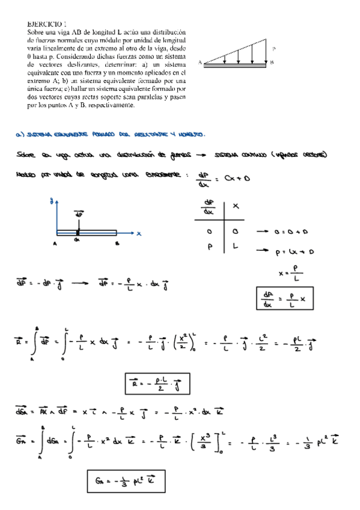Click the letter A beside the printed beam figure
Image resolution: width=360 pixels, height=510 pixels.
pos(200,62)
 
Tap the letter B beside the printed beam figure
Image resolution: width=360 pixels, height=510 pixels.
pos(272,62)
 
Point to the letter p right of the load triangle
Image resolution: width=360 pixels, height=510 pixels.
pos(273,49)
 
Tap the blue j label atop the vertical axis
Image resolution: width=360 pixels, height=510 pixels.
pos(53,203)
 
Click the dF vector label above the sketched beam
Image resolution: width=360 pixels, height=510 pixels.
pos(78,214)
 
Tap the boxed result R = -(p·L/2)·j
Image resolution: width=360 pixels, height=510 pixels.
pos(157,382)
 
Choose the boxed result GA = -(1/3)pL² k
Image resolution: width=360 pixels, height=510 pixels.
pos(125,481)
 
